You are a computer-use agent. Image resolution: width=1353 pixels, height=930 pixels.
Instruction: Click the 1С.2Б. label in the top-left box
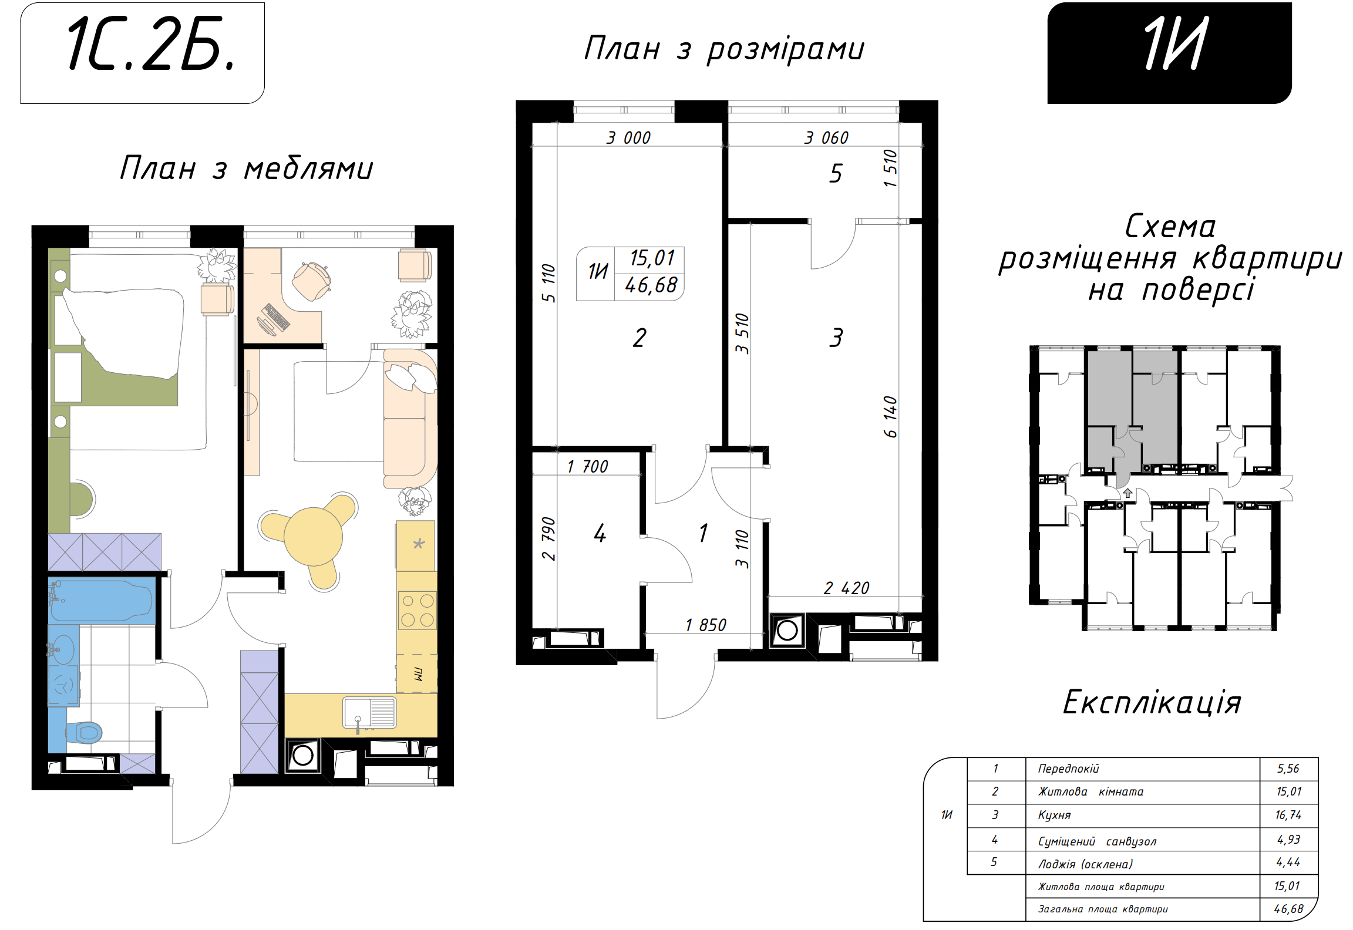(x=152, y=44)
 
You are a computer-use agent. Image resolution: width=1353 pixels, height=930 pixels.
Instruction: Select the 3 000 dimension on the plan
(x=628, y=138)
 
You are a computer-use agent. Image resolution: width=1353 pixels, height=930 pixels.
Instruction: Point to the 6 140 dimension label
(x=890, y=417)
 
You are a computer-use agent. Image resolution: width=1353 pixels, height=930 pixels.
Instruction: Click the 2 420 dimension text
(x=846, y=588)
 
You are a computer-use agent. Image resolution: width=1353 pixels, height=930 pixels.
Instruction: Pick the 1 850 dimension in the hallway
(x=706, y=625)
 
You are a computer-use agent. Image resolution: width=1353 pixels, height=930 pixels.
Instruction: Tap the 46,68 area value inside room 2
(x=651, y=286)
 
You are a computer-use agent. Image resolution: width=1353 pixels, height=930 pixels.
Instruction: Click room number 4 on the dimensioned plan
(x=600, y=533)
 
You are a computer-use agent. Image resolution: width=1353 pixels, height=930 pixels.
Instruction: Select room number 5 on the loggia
(x=836, y=173)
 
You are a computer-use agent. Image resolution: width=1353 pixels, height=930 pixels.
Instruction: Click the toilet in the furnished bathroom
(x=86, y=732)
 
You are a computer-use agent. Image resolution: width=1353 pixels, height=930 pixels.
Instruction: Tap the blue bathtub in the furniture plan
(x=101, y=600)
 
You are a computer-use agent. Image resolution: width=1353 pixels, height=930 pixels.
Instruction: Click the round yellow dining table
(x=313, y=537)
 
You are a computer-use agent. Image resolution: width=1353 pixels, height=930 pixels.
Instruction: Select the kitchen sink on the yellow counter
(x=369, y=713)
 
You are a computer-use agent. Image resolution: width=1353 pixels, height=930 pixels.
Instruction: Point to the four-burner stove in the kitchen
(x=417, y=610)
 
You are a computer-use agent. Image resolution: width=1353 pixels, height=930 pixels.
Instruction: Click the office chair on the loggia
(x=311, y=281)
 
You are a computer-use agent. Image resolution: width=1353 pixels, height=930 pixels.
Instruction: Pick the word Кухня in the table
(x=1054, y=815)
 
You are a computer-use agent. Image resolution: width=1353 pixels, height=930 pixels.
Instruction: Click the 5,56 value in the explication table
(x=1288, y=769)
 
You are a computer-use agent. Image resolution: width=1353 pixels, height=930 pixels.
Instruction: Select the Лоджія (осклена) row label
(x=1085, y=864)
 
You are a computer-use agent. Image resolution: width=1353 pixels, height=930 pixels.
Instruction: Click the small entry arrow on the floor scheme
(x=1127, y=493)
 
